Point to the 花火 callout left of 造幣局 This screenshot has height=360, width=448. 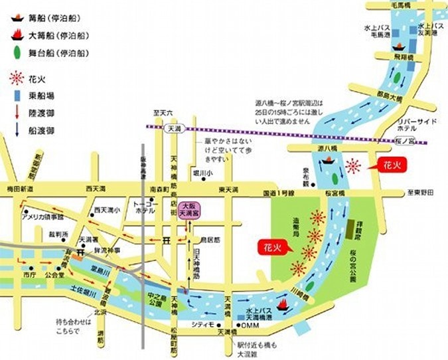[x=269, y=248]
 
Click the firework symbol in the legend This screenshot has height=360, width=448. [x=17, y=79]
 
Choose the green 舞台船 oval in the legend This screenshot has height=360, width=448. [x=16, y=51]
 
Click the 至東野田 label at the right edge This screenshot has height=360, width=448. [x=419, y=193]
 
